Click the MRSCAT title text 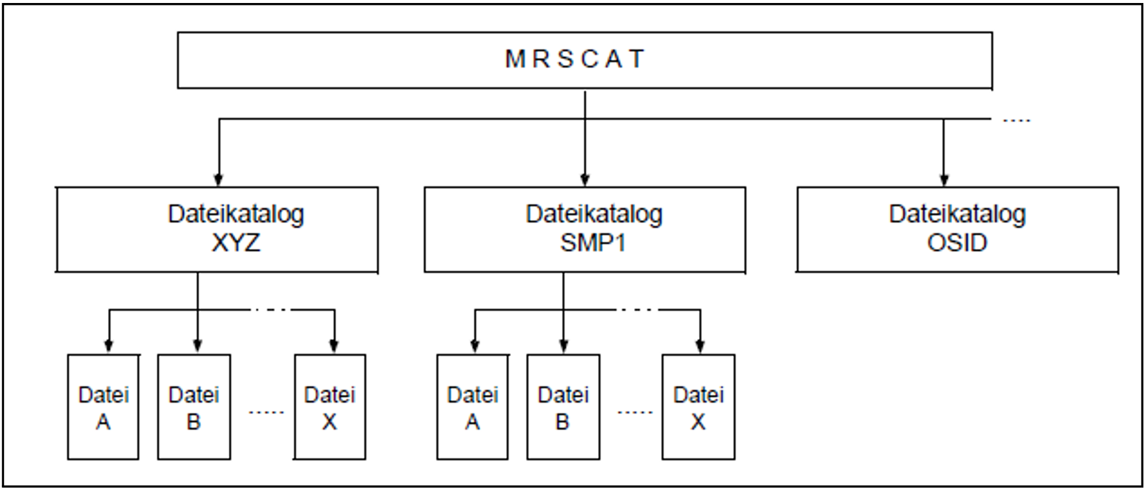pyautogui.click(x=575, y=59)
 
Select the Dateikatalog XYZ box pyautogui.click(x=217, y=229)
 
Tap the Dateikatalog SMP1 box pyautogui.click(x=584, y=229)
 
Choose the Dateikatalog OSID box pyautogui.click(x=957, y=229)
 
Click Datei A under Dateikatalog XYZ pyautogui.click(x=103, y=407)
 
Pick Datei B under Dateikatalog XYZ pyautogui.click(x=194, y=407)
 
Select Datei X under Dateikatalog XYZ pyautogui.click(x=330, y=407)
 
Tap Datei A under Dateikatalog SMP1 pyautogui.click(x=473, y=407)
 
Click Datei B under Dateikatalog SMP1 pyautogui.click(x=563, y=407)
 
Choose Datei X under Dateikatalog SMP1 pyautogui.click(x=698, y=407)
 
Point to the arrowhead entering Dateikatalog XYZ pyautogui.click(x=219, y=180)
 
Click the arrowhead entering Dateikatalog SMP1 pyautogui.click(x=585, y=180)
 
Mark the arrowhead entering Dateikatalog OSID pyautogui.click(x=943, y=180)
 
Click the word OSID pyautogui.click(x=957, y=243)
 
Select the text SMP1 pyautogui.click(x=593, y=243)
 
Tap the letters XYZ pyautogui.click(x=236, y=243)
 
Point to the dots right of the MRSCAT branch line pyautogui.click(x=1016, y=121)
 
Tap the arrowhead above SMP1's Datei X pyautogui.click(x=700, y=346)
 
